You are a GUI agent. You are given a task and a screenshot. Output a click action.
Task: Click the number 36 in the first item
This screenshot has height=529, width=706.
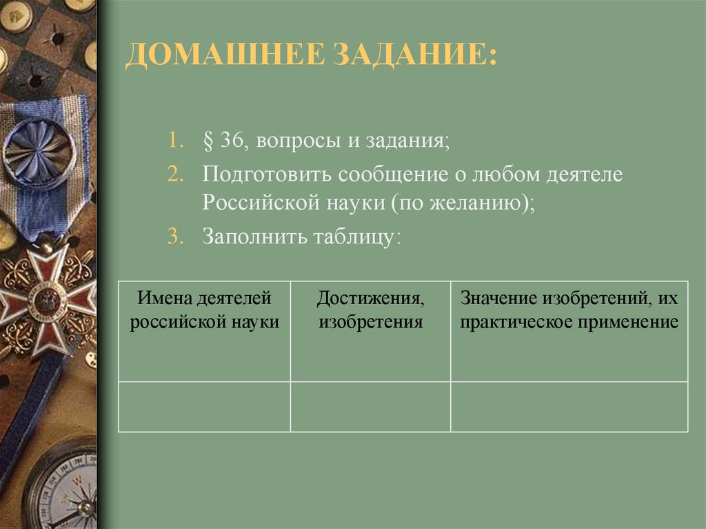[x=229, y=141]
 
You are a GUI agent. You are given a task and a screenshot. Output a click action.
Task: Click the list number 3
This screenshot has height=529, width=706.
[x=174, y=237]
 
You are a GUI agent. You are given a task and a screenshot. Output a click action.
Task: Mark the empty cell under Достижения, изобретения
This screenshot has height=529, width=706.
[x=370, y=407]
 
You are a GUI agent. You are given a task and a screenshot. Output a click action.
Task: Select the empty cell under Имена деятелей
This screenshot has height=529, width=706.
[x=204, y=407]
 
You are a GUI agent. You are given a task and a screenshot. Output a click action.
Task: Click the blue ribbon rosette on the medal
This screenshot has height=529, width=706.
[x=39, y=148]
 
